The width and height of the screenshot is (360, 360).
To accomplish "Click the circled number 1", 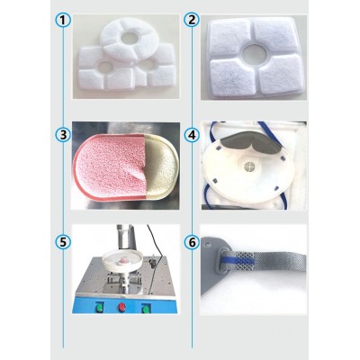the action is click(63, 20).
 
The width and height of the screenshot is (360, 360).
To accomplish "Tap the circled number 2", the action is click(192, 20).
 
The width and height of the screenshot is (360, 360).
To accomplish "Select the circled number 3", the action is click(63, 135).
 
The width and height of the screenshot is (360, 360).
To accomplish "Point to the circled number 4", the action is click(192, 135).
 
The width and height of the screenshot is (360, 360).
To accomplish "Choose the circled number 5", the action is click(63, 242).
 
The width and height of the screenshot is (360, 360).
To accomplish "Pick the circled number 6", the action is click(192, 242).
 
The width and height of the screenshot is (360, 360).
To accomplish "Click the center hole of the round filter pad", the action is click(130, 38).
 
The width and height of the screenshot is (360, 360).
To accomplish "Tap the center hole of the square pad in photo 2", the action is click(255, 53).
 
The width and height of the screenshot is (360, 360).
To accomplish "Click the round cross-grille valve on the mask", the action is click(249, 166).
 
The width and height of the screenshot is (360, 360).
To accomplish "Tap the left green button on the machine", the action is click(99, 308).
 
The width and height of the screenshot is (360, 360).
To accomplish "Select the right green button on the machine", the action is click(146, 308).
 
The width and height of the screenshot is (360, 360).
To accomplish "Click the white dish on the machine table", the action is click(122, 261).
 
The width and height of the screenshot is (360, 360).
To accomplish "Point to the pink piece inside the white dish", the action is click(122, 262).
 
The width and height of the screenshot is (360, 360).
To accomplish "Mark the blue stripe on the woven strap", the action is click(238, 258).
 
